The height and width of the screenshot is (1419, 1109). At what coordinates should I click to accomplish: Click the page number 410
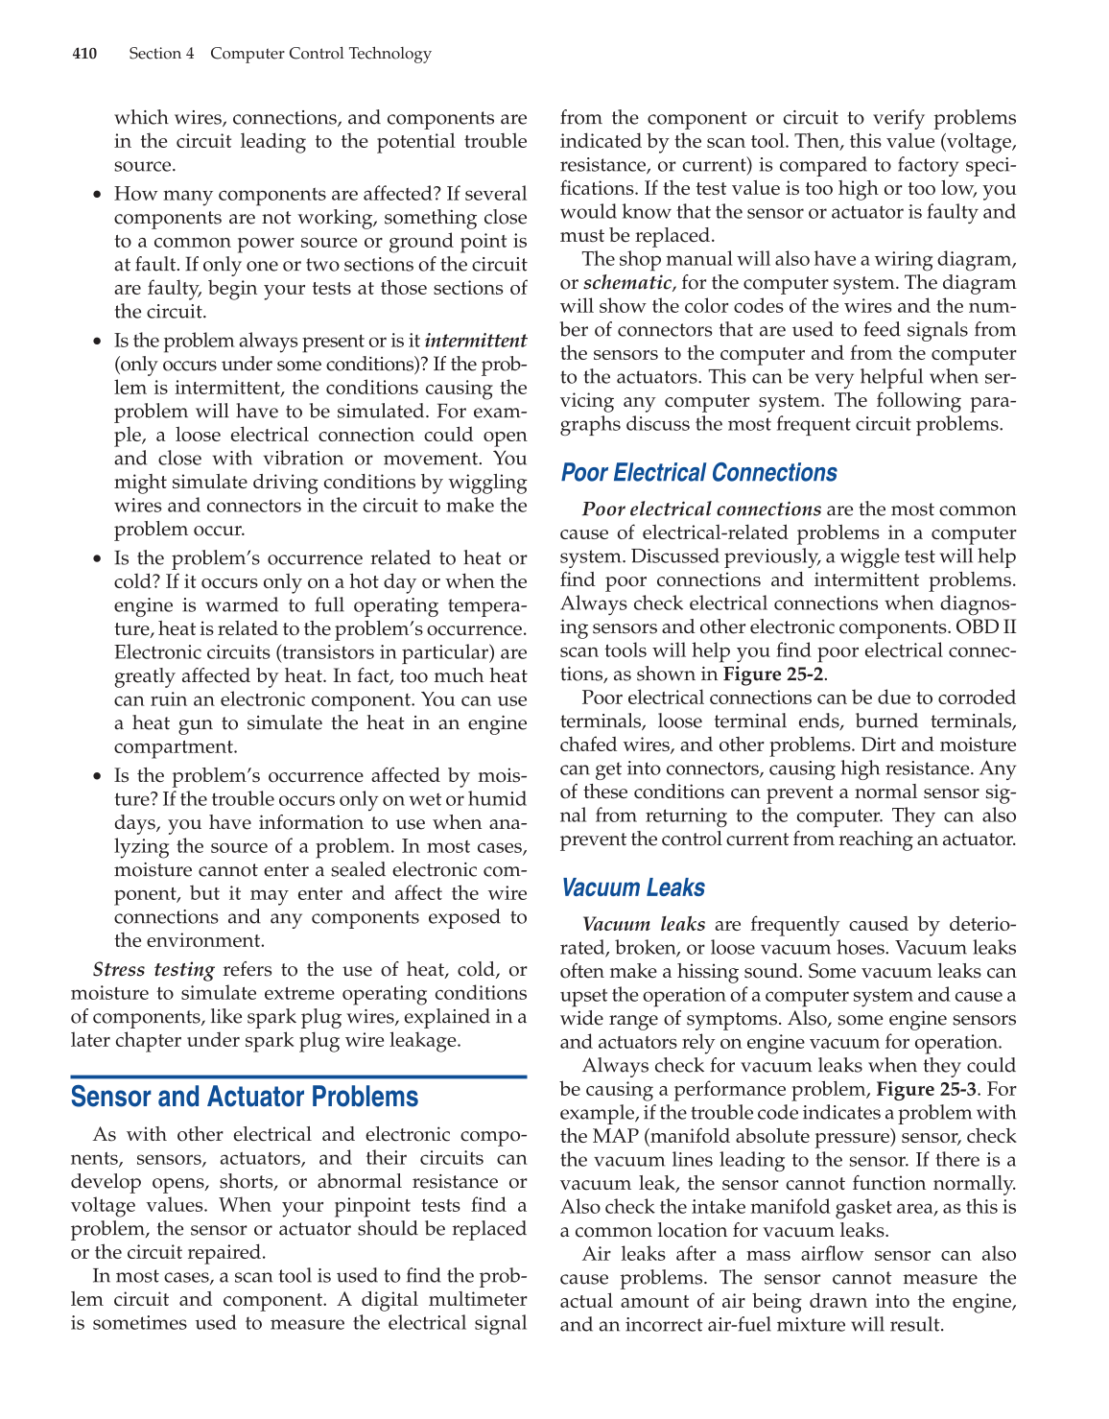[x=84, y=54]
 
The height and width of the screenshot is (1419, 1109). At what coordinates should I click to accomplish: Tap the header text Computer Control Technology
[x=320, y=54]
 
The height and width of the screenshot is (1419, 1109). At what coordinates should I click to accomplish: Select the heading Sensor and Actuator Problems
[x=245, y=1097]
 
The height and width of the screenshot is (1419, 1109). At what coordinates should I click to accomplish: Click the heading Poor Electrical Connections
[x=698, y=473]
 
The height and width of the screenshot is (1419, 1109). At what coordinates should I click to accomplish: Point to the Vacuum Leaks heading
[x=633, y=887]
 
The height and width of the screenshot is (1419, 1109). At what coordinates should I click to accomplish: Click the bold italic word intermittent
[x=476, y=341]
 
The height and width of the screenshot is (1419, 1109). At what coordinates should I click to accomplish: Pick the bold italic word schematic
[x=627, y=282]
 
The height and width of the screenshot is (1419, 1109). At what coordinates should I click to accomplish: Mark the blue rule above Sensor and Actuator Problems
[x=298, y=1076]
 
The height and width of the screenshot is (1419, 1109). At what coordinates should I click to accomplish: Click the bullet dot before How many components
[x=97, y=195]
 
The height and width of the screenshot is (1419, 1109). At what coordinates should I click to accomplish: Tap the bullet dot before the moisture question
[x=97, y=776]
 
